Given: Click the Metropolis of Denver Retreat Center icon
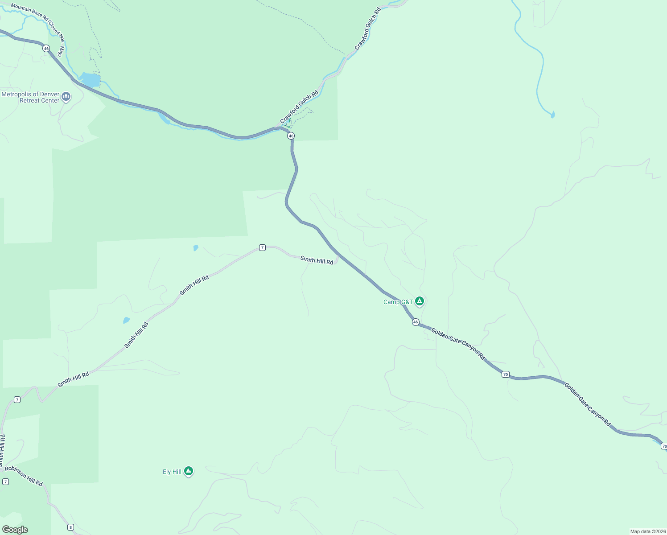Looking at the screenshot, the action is tap(66, 96).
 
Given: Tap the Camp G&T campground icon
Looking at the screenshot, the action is tap(419, 301).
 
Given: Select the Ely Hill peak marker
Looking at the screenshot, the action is tap(189, 471).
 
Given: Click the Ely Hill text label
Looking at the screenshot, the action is tap(172, 472).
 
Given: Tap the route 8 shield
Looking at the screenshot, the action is tap(70, 527).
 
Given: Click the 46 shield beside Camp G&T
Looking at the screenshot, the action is tap(416, 322).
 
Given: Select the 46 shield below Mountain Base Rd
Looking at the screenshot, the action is tap(46, 49).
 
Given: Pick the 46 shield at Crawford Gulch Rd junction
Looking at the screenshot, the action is tap(291, 136).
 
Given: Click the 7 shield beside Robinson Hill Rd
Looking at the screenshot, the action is tap(5, 481).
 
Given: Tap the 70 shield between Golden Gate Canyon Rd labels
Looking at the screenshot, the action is tap(505, 374).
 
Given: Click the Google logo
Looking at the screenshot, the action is tap(15, 530).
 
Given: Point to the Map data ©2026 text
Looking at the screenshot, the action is tap(647, 531).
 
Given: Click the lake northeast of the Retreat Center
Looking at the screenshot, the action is tap(91, 80).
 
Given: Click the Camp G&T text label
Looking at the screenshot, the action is tap(398, 302).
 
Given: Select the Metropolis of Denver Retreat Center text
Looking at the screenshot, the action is tap(30, 97).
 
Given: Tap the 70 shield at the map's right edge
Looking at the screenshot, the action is tap(664, 446).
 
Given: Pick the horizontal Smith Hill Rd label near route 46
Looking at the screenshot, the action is tap(317, 260).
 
